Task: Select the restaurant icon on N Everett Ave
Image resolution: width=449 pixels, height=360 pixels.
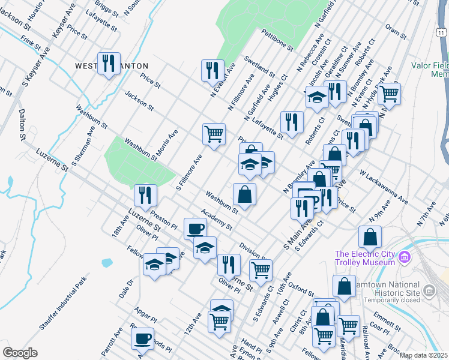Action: pyautogui.click(x=212, y=70)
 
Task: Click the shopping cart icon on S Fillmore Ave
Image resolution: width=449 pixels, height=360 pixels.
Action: pyautogui.click(x=214, y=134)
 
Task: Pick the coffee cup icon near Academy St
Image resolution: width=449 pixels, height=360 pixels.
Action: pyautogui.click(x=195, y=229)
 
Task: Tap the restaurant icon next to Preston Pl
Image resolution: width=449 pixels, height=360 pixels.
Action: pyautogui.click(x=145, y=195)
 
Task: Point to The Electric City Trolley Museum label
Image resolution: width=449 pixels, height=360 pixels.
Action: pyautogui.click(x=365, y=257)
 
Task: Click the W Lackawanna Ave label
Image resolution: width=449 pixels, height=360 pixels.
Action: pyautogui.click(x=384, y=187)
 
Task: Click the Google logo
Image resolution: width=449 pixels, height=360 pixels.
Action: pyautogui.click(x=20, y=352)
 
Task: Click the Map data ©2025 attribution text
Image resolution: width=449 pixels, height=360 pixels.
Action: pyautogui.click(x=423, y=355)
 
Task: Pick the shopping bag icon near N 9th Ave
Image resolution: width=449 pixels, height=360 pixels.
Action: pyautogui.click(x=370, y=237)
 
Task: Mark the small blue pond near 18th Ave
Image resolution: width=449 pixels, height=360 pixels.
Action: pyautogui.click(x=107, y=262)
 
